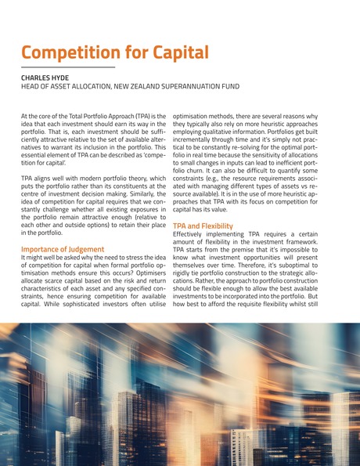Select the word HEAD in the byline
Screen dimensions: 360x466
pos(31,87)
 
